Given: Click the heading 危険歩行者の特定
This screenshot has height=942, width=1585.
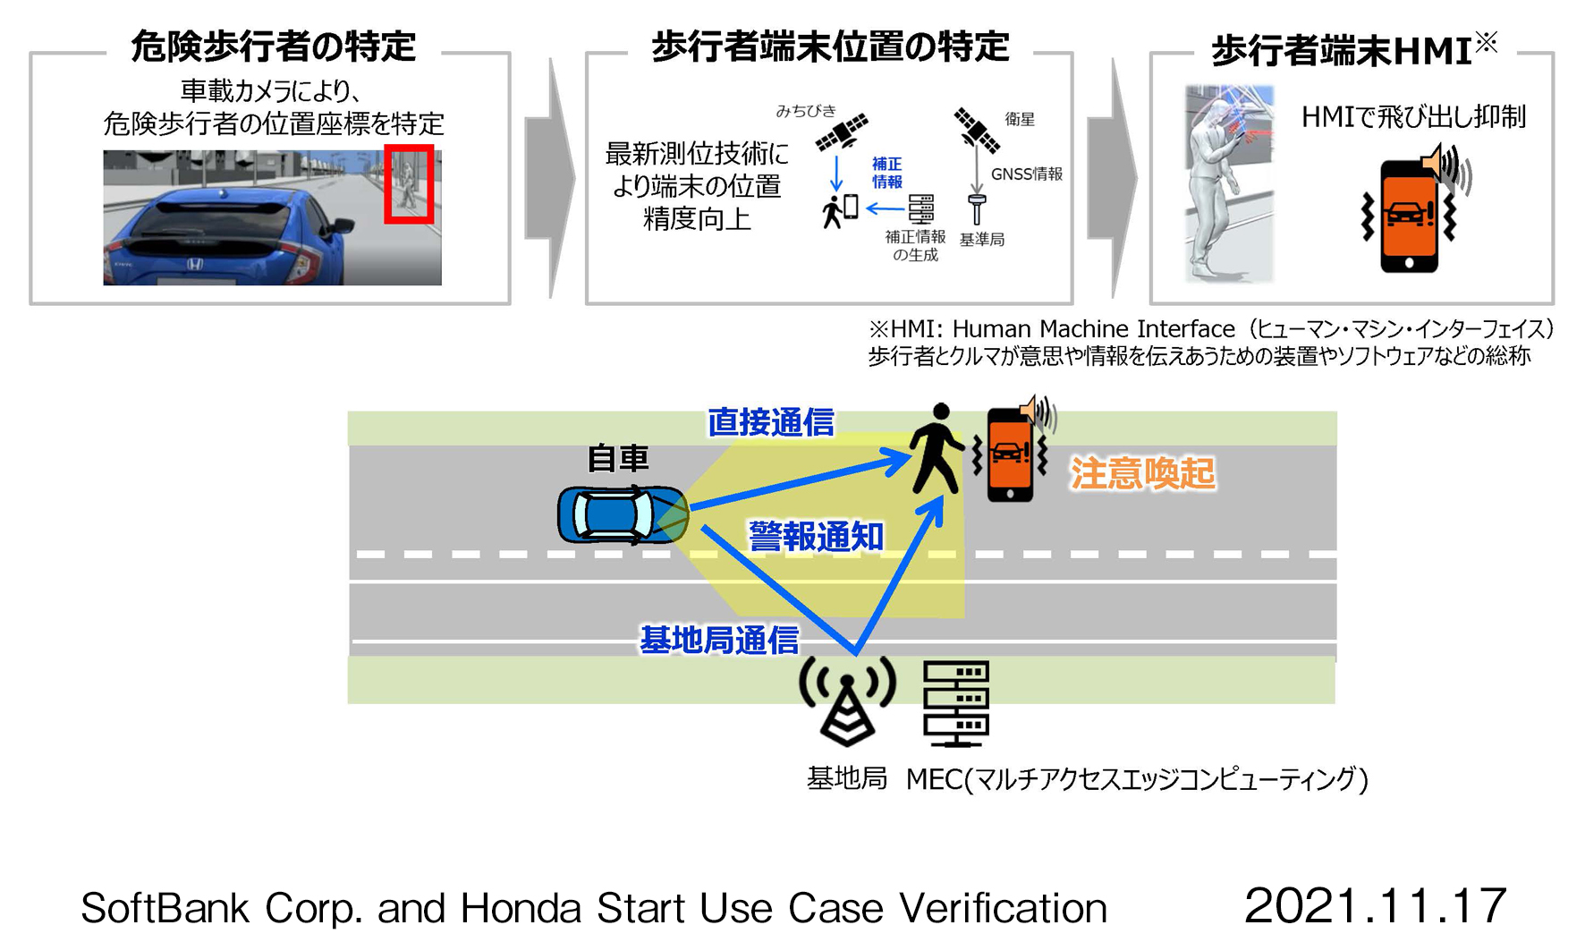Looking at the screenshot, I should pos(274,46).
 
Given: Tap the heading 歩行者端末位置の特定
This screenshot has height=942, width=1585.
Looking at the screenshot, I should pos(830,46).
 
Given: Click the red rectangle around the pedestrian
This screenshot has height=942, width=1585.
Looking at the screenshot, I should pos(410,183).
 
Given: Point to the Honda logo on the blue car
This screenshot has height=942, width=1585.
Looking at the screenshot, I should pos(194,265).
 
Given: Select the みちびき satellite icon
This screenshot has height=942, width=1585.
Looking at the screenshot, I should pos(842,132).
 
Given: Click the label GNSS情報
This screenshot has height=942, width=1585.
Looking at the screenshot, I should pos(1027,174).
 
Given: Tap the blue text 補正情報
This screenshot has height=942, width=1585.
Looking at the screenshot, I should pos(886,173).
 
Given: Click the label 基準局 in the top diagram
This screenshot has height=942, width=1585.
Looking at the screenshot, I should pos(981,240).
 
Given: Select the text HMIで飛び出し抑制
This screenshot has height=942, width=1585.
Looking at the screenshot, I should pos(1413,117).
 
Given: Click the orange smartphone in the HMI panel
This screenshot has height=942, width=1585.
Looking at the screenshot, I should pos(1409,216).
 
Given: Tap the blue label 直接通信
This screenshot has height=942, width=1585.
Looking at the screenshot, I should pos(770,422).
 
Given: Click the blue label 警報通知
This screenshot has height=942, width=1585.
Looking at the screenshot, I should pos(816,537).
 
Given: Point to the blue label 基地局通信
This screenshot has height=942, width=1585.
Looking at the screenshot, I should pos(719,640).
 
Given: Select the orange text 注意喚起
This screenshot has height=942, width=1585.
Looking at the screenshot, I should pos(1142,473).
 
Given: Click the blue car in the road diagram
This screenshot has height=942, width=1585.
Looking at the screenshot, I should pos(622,514).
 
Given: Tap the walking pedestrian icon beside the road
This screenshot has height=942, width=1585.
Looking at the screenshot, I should pos(936,448).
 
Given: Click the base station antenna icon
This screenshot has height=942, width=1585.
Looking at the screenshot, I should pos(846,702).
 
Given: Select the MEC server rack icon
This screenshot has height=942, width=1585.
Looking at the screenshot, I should pos(955,704).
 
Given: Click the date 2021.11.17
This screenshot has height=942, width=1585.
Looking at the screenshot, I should pos(1375,905).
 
